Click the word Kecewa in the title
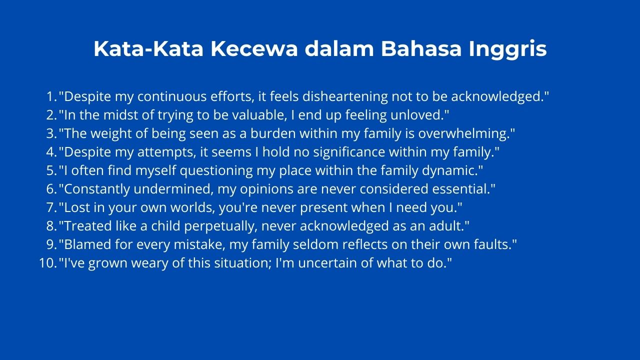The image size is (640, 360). [254, 49]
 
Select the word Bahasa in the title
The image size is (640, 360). [421, 49]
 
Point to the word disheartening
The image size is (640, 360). [345, 97]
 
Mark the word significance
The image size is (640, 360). [349, 152]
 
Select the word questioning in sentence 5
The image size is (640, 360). [216, 171]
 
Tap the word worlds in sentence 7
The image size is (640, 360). [193, 207]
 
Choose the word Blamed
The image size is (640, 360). [85, 244]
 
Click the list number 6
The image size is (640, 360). [51, 189]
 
